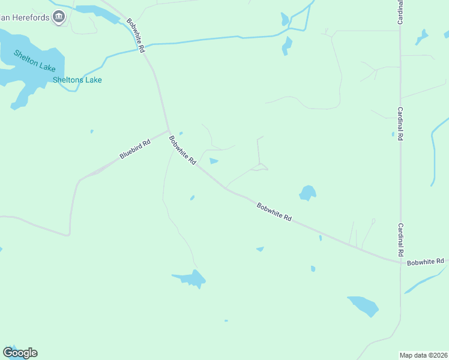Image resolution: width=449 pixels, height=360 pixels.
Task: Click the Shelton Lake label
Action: pos(35,60)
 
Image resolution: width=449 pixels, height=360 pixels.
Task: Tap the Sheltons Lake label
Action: pos(77,80)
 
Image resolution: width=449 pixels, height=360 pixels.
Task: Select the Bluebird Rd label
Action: pos(133,148)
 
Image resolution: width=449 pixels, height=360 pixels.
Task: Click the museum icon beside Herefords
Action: pos(59,17)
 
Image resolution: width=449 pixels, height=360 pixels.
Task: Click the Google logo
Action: pos(20,353)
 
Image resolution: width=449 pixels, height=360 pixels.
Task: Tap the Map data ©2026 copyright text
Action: pos(423,355)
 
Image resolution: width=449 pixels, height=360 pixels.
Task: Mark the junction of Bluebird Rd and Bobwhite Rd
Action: pos(168,130)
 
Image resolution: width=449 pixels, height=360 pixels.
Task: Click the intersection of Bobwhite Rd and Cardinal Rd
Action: pos(400,262)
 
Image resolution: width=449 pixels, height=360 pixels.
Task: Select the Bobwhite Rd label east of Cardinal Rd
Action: pos(425,262)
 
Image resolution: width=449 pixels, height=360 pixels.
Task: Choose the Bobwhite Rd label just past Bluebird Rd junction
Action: pos(182,151)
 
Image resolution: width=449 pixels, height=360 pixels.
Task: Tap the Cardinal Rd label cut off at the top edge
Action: pos(400,12)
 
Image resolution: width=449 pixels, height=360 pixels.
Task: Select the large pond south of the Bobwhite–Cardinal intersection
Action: pos(364,305)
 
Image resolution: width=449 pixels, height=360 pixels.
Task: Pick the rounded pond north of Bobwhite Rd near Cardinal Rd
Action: pos(307,193)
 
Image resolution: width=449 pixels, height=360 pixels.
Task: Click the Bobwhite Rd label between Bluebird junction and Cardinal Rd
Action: pos(274,212)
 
